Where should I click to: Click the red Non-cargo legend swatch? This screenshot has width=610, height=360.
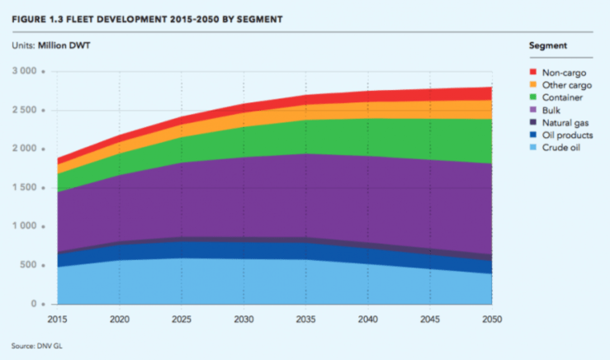pyautogui.click(x=534, y=73)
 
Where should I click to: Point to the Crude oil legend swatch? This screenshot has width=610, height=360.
pyautogui.click(x=534, y=147)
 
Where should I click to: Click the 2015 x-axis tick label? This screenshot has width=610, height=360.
pyautogui.click(x=57, y=318)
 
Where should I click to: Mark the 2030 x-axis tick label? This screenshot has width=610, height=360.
pyautogui.click(x=244, y=318)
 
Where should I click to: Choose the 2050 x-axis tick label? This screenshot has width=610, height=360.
pyautogui.click(x=492, y=318)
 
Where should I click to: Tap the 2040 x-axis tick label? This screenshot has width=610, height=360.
pyautogui.click(x=368, y=318)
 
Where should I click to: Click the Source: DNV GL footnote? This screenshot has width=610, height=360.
pyautogui.click(x=37, y=345)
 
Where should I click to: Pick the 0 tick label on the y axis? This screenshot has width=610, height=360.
pyautogui.click(x=34, y=304)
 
